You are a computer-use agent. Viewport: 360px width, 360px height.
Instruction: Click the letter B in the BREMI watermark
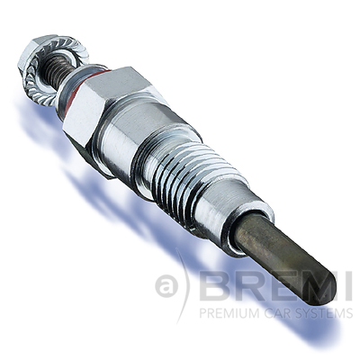(x=215, y=287)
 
